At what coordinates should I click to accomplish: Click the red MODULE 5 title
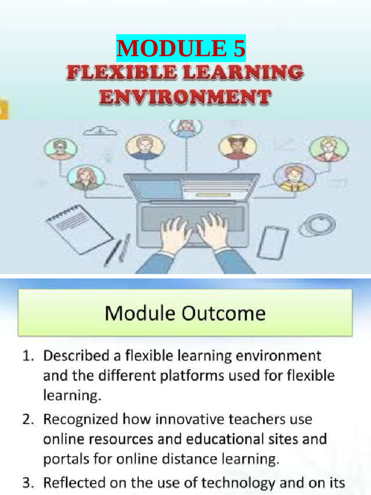click(181, 48)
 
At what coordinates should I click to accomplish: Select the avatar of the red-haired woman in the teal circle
click(85, 178)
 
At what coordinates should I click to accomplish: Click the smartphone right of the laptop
click(272, 242)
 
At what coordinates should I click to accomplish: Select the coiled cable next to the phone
click(317, 225)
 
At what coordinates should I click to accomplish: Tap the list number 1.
click(27, 357)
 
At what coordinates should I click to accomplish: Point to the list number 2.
click(27, 420)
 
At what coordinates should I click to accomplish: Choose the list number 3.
click(27, 483)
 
